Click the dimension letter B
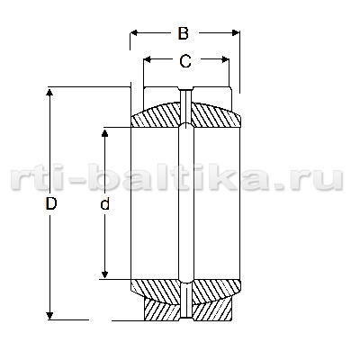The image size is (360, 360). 183,33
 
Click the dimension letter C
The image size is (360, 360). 185,61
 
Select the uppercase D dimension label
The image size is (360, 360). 51,203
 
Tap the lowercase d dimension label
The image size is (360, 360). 104,203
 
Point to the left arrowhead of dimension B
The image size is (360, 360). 134,32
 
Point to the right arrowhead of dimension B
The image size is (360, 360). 236,32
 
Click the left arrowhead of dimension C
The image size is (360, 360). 148,59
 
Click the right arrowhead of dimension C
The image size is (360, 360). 225,59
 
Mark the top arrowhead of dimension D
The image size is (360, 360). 49,92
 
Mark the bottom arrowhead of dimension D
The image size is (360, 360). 49,316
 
